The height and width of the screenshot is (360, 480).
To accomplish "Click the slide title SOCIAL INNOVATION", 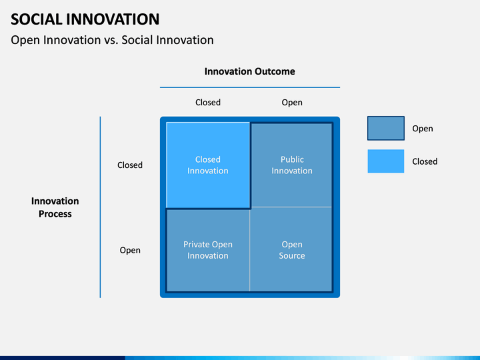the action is point(85,19).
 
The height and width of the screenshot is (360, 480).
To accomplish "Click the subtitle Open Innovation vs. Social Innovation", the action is point(112,40).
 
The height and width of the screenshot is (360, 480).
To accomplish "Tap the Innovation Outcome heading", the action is point(250,71).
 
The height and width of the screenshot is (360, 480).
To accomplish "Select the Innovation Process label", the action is point(55,207).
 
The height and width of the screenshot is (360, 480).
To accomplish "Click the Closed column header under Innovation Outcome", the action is point(208,102).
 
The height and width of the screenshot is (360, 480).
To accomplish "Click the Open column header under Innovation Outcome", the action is point(292,103).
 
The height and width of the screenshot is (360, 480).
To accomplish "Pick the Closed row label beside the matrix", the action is point(130,165).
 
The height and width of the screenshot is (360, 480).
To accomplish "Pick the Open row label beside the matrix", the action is point(130,251).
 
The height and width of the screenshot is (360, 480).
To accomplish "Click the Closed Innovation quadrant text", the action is point(208,165).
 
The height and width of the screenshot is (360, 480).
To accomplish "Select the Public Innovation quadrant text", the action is point(292,165).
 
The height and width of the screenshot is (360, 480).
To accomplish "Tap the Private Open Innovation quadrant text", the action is point(208,250).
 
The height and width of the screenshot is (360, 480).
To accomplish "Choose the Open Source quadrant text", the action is point(292,250).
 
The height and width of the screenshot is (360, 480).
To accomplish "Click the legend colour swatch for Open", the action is point(386,128).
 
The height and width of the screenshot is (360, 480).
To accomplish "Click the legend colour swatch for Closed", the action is point(386,161).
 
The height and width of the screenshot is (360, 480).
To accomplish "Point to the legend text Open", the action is point(423,129).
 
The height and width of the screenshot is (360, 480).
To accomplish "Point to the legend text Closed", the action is point(425,161).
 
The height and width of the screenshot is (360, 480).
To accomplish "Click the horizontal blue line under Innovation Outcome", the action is point(250,87).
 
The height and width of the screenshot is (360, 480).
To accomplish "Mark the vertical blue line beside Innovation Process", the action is point(100,207).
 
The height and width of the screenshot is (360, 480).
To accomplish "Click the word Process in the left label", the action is point(55,214).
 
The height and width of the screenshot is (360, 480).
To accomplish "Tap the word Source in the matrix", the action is point(292,255).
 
